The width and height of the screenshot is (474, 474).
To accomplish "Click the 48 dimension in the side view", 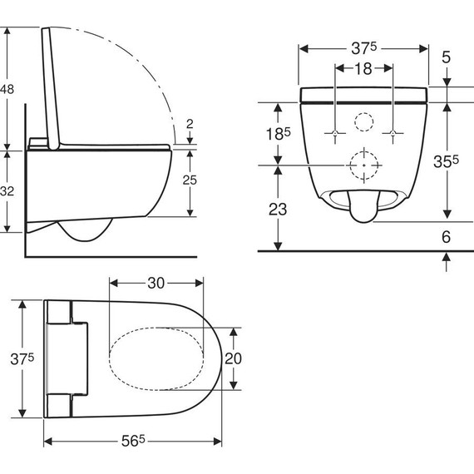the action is [7, 89].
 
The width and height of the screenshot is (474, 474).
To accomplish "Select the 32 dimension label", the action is [7, 191].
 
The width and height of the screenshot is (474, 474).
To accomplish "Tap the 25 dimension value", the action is [190, 180].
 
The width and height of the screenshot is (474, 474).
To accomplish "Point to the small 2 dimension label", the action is [190, 124].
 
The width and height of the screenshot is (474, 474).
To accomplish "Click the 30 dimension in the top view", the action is [156, 284].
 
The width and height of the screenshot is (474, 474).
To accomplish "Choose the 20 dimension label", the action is [233, 358].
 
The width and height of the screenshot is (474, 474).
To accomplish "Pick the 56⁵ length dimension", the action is [133, 441].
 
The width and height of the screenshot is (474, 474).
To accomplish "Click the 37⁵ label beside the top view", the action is [22, 358].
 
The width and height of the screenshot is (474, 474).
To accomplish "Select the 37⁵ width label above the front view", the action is [364, 48].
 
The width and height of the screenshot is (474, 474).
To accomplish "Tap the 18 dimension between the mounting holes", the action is [363, 69].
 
